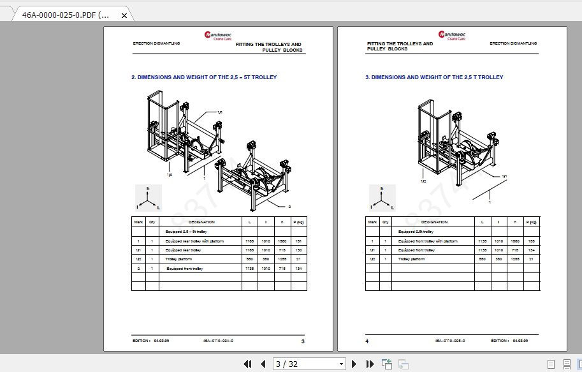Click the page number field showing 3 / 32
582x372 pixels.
click(x=309, y=364)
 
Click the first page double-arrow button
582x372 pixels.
click(x=247, y=364)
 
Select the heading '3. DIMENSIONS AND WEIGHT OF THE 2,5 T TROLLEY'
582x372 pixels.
click(x=434, y=77)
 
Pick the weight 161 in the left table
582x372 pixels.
click(x=298, y=241)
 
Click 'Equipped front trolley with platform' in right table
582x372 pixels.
click(x=428, y=241)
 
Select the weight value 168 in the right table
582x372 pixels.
click(x=531, y=241)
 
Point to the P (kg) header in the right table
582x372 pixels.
click(x=531, y=222)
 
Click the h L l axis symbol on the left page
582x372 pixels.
click(x=149, y=198)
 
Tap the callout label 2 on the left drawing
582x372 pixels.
click(x=289, y=206)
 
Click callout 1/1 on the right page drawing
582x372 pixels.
click(x=504, y=175)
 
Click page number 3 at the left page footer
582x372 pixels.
click(x=303, y=341)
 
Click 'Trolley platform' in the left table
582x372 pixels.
click(x=178, y=260)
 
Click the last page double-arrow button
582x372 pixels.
click(x=370, y=364)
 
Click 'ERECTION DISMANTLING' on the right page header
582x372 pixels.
click(x=513, y=43)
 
